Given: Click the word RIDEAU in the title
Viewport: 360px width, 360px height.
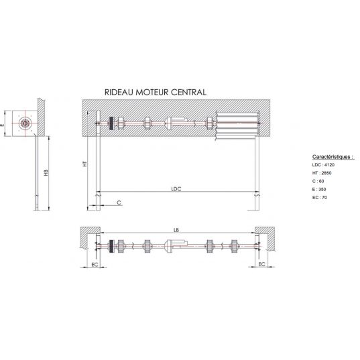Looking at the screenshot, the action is [x=119, y=93].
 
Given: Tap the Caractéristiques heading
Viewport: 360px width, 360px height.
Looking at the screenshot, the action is [x=333, y=157].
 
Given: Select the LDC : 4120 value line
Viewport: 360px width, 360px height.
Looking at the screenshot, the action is [x=323, y=165].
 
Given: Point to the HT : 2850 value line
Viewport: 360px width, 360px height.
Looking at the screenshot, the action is [x=322, y=173].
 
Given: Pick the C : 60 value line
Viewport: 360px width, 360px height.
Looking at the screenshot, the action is [x=318, y=181].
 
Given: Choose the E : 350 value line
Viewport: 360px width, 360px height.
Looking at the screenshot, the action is [x=319, y=190].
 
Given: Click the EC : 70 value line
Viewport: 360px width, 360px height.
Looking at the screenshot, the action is [x=320, y=198].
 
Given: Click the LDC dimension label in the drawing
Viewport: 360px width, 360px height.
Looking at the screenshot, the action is [x=176, y=189].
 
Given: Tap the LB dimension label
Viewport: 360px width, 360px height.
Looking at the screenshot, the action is [x=176, y=230].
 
